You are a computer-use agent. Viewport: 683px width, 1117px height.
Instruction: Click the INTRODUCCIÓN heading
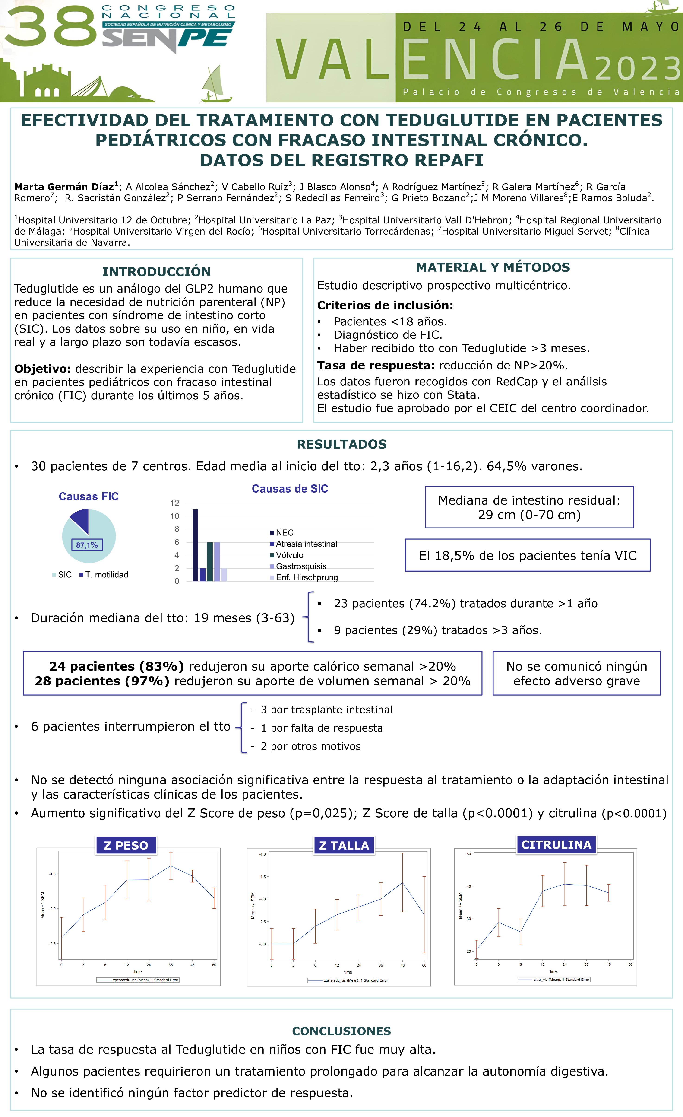[x=156, y=272]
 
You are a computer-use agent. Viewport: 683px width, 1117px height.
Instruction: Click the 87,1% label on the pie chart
[x=87, y=545]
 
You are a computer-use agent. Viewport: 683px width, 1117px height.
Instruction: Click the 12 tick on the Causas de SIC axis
[x=175, y=503]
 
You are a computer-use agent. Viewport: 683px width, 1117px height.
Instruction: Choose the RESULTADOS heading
[x=342, y=444]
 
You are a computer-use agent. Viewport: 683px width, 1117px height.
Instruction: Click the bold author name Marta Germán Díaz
[x=64, y=187]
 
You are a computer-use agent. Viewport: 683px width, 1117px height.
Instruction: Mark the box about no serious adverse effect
[x=576, y=674]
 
